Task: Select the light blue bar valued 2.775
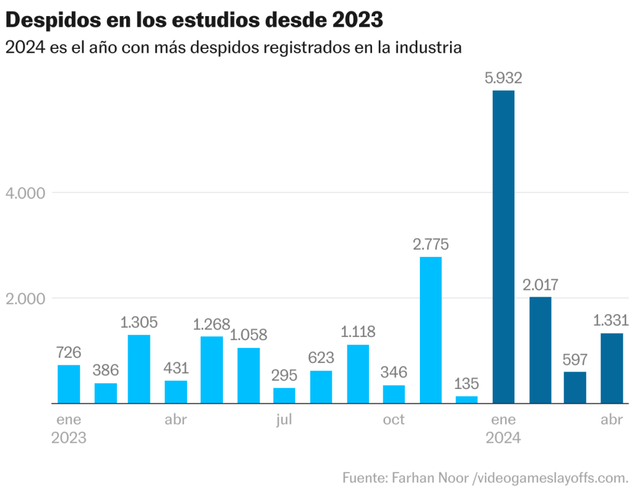coord(430,329)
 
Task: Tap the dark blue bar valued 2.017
coord(540,350)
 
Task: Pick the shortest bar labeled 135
coord(467,399)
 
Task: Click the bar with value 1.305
coord(139,369)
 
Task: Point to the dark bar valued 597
coord(575,387)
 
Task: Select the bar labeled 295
coord(284,395)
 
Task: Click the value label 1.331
coord(611,320)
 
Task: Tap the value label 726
coord(69,352)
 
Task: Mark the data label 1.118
coord(358,331)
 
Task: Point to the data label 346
coord(394,372)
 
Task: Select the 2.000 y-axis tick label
coord(25,299)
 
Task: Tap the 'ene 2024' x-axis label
coord(503,429)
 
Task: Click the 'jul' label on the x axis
coord(284,420)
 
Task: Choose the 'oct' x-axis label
coord(394,420)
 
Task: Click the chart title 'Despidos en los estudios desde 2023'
coord(194,20)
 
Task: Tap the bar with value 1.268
coord(212,370)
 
